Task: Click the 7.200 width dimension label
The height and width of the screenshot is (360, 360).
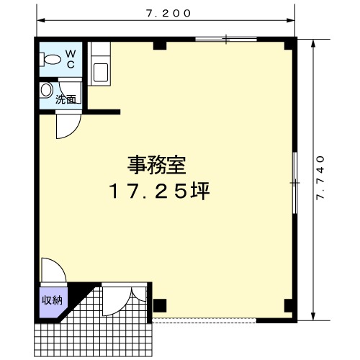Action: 168,13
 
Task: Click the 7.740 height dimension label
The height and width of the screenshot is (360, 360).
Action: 320,178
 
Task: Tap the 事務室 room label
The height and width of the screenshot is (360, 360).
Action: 157,165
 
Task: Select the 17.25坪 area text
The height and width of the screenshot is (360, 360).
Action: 160,191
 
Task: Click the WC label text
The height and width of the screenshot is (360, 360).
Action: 71,59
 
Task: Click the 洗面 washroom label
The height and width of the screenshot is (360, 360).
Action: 66,99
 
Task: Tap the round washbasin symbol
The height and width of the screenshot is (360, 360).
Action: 46,90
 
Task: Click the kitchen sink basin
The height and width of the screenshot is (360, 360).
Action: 101,73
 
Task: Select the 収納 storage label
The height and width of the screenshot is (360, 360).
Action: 52,300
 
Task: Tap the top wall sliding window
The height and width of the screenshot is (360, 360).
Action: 226,39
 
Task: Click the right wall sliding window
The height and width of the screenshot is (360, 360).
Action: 295,183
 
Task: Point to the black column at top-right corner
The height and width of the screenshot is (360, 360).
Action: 288,45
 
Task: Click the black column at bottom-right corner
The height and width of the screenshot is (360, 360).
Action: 288,306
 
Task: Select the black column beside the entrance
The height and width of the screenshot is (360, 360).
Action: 160,306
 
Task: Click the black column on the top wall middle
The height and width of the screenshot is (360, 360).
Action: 160,45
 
